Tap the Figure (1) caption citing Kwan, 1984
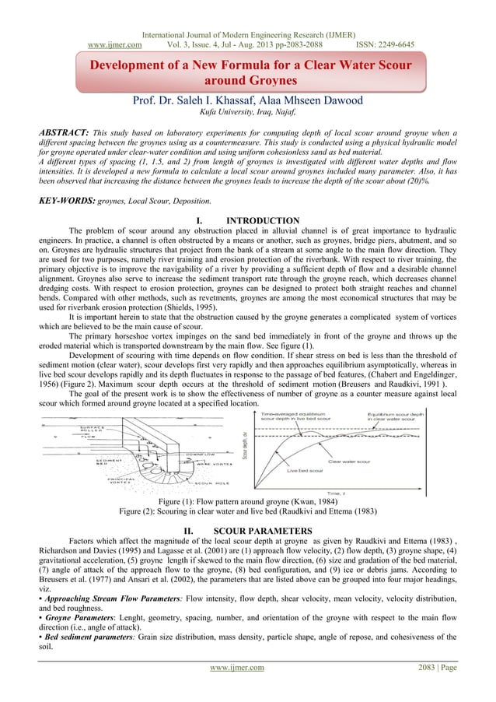click(247, 479)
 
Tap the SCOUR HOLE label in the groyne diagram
click(188, 461)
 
